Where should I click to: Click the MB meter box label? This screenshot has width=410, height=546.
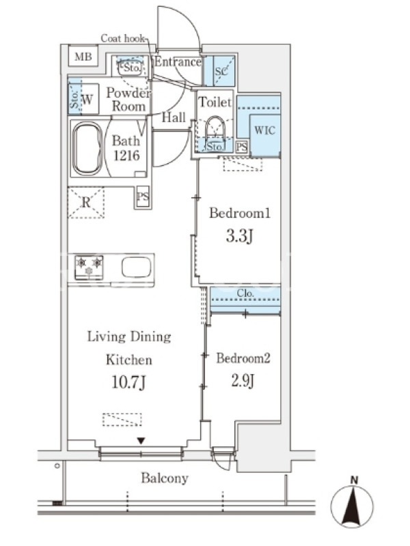click(x=83, y=57)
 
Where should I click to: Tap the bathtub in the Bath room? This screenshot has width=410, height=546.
click(x=87, y=148)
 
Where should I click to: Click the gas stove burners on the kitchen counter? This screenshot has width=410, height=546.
click(x=89, y=267)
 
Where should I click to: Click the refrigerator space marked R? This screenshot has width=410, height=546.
click(x=86, y=202)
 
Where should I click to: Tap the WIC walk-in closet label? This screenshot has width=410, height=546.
click(x=264, y=130)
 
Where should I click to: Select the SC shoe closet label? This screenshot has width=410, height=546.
click(x=221, y=72)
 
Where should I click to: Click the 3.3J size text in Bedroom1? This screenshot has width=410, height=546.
click(x=239, y=236)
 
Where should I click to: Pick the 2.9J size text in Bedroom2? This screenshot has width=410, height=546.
click(x=243, y=381)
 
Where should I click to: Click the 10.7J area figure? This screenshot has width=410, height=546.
click(x=128, y=382)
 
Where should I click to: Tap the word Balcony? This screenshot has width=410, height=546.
click(x=165, y=478)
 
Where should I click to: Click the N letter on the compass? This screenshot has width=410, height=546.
click(x=354, y=480)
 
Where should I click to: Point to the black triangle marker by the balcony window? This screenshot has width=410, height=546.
click(x=141, y=441)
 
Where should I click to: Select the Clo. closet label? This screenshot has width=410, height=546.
click(x=245, y=293)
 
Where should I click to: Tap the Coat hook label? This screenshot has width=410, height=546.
click(x=122, y=38)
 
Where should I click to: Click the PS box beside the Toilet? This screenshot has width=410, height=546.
click(x=242, y=147)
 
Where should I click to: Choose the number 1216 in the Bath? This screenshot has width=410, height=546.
click(x=126, y=156)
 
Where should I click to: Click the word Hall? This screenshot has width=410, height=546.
click(x=174, y=117)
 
